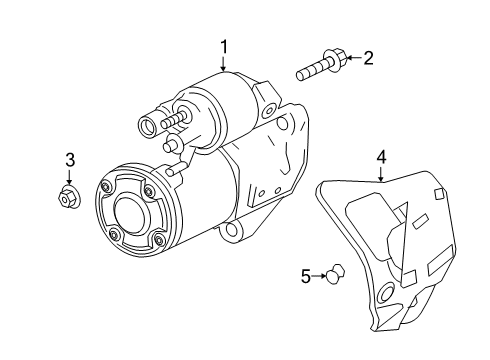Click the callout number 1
224,46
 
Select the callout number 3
70,159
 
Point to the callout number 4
381,156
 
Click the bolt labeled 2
319,68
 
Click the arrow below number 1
224,64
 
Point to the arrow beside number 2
350,60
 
